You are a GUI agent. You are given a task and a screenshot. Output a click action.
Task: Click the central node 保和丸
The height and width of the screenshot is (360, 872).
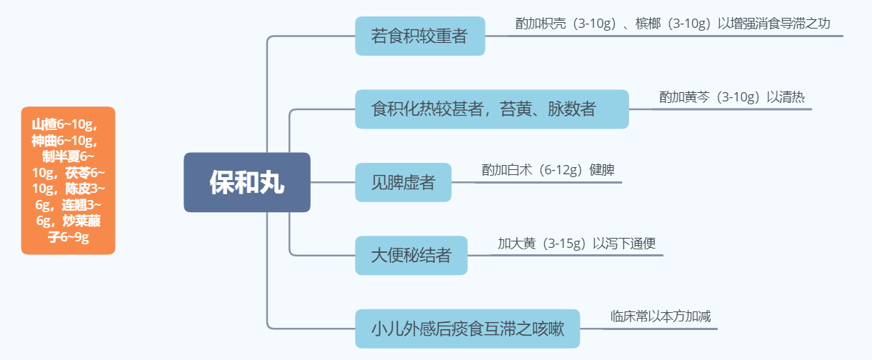tap(247, 182)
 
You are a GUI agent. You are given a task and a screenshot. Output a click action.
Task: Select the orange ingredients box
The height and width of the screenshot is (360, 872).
tap(68, 180)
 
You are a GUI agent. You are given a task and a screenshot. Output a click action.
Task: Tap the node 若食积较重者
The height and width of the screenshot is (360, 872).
tap(420, 36)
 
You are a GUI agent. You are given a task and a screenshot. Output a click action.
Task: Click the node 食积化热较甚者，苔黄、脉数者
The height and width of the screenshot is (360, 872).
tap(491, 109)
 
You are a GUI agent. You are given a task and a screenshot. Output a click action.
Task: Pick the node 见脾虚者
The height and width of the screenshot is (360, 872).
tap(403, 182)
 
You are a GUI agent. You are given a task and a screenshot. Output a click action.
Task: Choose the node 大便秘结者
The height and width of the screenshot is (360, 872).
tap(411, 255)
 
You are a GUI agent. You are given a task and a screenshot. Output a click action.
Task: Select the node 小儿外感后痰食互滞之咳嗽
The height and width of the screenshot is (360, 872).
tap(467, 329)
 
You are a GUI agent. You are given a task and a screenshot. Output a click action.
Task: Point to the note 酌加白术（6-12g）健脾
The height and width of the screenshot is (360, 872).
tap(548, 170)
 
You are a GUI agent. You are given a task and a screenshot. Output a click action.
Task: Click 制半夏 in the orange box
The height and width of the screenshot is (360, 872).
tap(59, 156)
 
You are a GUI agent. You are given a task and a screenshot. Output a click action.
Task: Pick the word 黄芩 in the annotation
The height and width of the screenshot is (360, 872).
tap(698, 97)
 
